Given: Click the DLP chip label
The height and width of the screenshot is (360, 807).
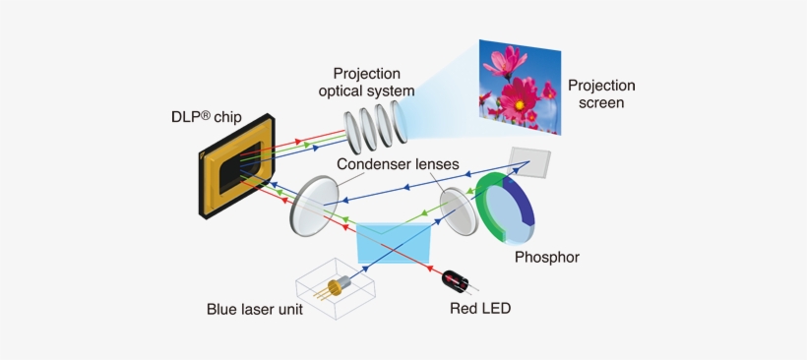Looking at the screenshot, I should point(214,116).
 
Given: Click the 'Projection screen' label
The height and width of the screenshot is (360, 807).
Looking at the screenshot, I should point(601,93).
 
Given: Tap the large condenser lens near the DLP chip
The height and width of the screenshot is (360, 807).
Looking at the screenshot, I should point(312,205).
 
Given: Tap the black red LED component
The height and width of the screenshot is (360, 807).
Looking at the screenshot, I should point(460,280).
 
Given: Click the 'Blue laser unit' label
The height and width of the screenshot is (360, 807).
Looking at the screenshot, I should point(254,309).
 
